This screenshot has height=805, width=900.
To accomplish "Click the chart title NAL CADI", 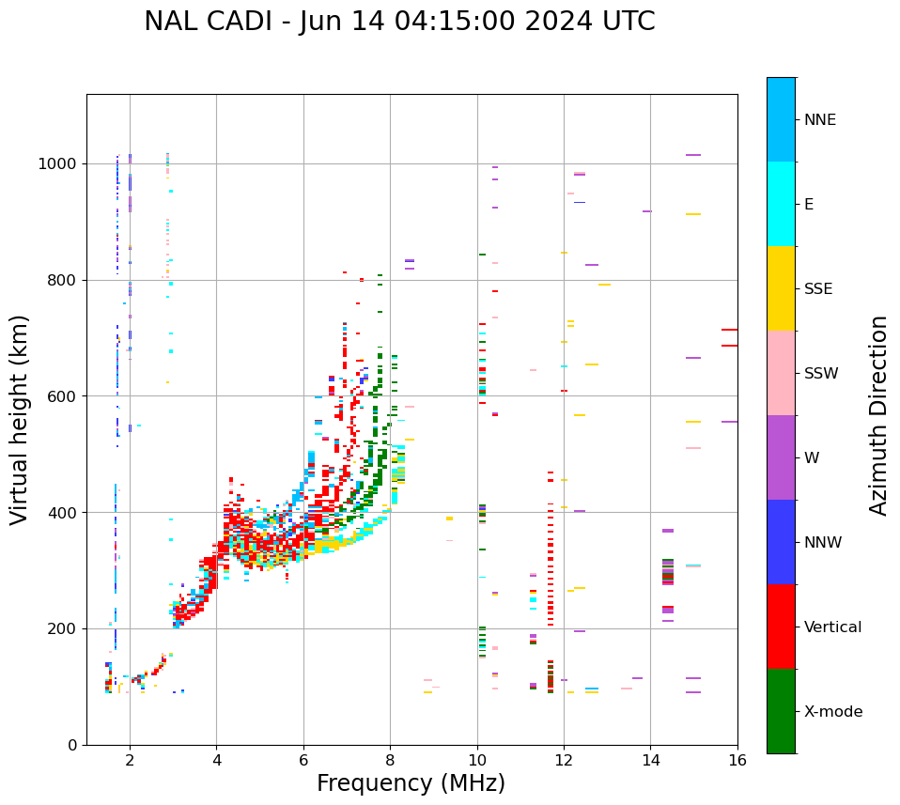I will coord(399,22).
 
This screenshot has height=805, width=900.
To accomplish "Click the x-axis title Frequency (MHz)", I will coord(411,783).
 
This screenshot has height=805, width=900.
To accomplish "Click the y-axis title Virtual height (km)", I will coord(20,420).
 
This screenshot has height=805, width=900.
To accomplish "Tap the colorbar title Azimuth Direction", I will coord(878,415).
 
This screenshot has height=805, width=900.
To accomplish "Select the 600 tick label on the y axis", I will coord(61,396).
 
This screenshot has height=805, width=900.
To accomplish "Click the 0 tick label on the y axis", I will coord(71,745).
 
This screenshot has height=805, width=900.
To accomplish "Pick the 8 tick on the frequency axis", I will coord(390,761).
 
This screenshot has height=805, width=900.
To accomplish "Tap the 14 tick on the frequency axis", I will coord(650,761).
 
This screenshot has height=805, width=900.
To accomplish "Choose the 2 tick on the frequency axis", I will coord(130,761).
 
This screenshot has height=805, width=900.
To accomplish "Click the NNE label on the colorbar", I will coord(819,120).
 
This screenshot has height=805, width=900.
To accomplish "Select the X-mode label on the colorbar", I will coord(832,712).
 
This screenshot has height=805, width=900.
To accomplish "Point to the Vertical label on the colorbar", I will coord(832,627).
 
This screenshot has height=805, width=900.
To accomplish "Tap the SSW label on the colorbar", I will coord(821,374).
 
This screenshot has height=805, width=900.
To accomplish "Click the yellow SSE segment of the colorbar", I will coord(781,288).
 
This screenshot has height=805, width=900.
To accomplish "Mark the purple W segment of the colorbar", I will coord(781,457).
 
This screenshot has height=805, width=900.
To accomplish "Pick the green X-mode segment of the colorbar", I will coord(781,711).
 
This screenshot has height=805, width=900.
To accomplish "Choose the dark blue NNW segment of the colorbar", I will coord(781,542).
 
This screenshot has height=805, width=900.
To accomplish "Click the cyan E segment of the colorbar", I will coord(781,204).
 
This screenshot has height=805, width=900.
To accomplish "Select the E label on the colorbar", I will coord(809,205).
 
